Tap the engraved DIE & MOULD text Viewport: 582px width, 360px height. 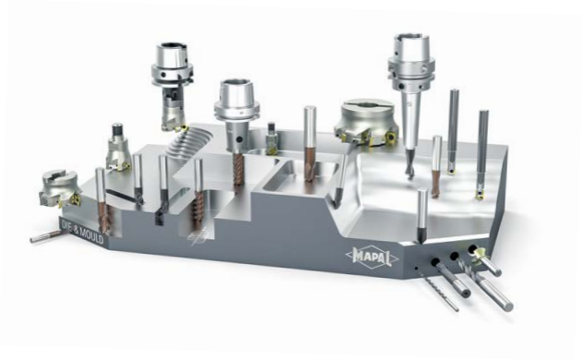82,231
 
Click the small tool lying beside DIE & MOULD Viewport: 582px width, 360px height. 45,236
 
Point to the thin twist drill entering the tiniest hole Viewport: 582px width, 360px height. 439,291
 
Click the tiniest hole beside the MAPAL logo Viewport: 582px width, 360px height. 417,268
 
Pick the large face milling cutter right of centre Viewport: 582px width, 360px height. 366,123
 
